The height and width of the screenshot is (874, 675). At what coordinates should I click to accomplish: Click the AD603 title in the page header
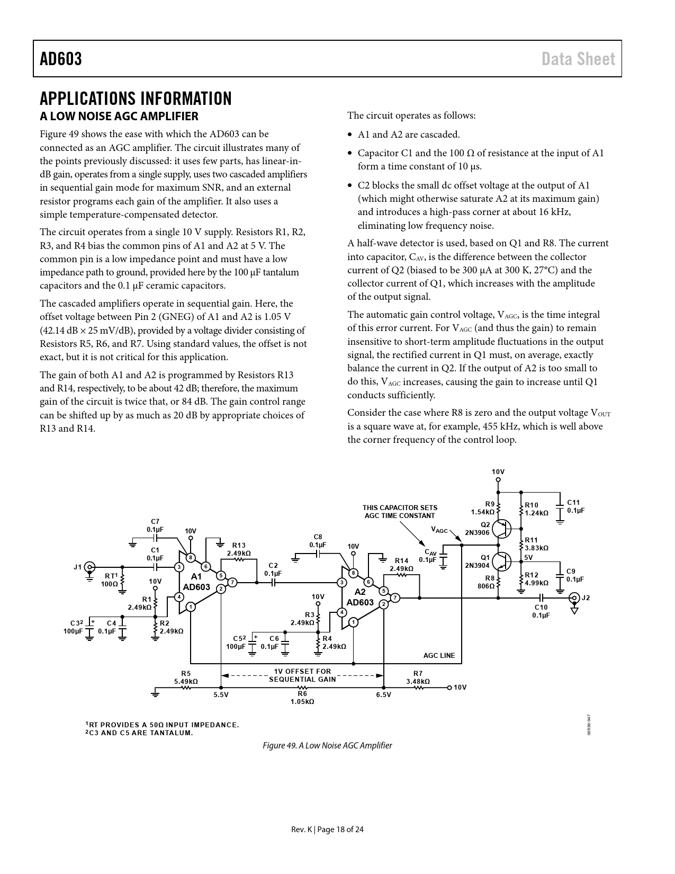coord(61,59)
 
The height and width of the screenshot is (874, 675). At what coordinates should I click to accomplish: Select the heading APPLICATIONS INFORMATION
coord(136,99)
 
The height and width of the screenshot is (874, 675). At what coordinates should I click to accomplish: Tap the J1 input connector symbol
coord(90,566)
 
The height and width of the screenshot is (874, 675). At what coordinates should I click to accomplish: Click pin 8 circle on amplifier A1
coord(190,557)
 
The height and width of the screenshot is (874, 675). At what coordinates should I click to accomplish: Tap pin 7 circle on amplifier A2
coord(395,598)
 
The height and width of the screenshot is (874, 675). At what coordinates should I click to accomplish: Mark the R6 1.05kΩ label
coord(302,698)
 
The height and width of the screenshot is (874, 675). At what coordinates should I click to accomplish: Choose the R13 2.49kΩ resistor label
coord(239,549)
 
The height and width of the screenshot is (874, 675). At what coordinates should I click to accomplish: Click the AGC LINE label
coord(439,655)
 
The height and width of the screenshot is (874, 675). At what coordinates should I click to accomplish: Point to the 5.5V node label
coord(221,695)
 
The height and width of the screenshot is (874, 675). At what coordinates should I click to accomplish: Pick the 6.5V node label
coord(383,695)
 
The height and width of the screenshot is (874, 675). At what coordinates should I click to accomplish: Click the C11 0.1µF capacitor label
coord(575,506)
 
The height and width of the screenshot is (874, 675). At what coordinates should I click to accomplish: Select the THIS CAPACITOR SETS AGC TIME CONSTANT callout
coord(400,512)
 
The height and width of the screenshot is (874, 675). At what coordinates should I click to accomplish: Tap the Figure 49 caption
coord(328,745)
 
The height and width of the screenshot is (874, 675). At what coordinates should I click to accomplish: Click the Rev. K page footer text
coord(328,830)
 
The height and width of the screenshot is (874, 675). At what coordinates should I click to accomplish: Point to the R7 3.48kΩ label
coord(418,677)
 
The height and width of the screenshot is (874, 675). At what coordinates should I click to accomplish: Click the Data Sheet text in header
coord(578,59)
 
